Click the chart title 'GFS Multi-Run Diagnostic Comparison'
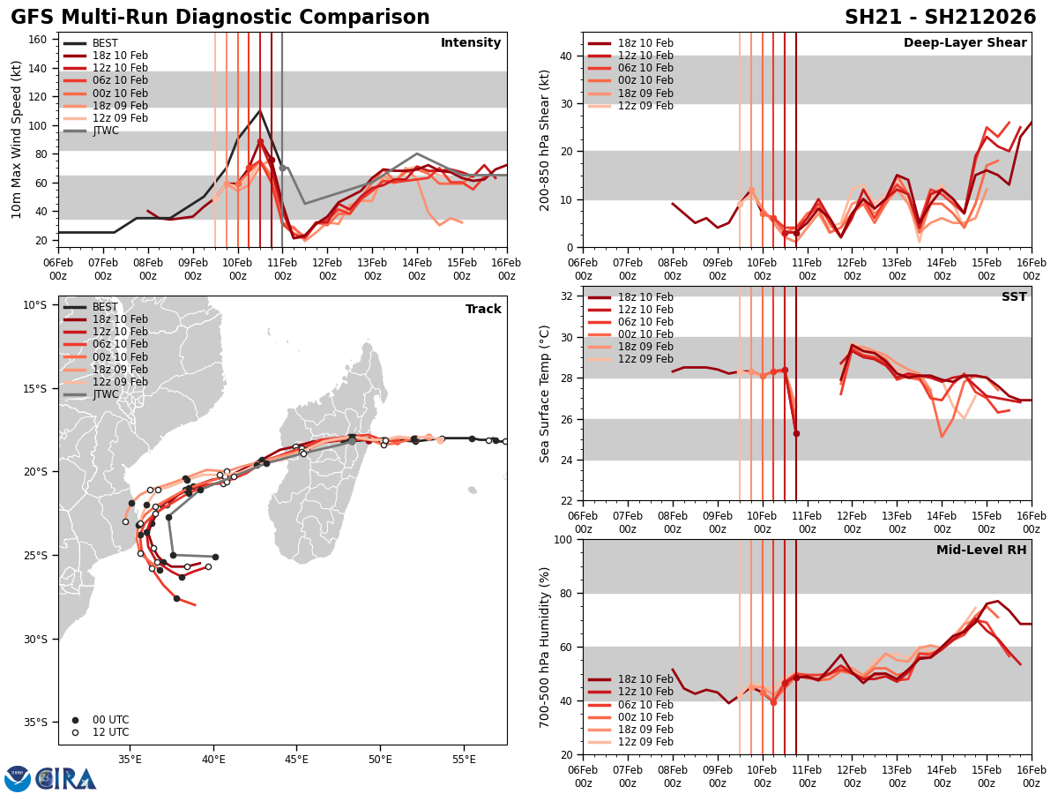tap(220, 18)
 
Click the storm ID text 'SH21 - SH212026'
tap(940, 18)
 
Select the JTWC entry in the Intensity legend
tap(105, 131)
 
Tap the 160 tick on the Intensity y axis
tap(40, 39)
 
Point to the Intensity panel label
tap(471, 43)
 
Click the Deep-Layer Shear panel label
tap(965, 43)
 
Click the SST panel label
tap(1014, 297)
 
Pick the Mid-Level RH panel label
tap(981, 551)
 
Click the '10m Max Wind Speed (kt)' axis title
tap(17, 139)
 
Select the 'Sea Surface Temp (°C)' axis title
tap(545, 393)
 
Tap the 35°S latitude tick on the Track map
tap(36, 723)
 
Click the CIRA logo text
tap(67, 779)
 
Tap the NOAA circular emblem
tap(18, 779)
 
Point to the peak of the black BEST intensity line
tap(259, 110)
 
